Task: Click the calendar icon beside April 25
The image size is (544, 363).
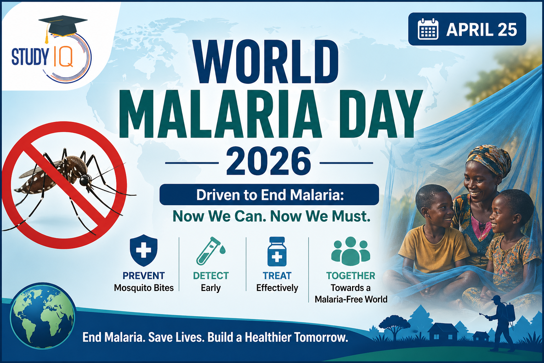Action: [x=428, y=29]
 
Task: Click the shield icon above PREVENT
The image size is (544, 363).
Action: [x=143, y=250]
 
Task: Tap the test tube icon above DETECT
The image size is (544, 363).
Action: [x=210, y=251]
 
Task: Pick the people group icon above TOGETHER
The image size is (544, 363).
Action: [x=351, y=251]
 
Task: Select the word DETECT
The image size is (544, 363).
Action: [x=211, y=276]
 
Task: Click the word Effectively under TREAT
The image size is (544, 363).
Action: [x=277, y=288]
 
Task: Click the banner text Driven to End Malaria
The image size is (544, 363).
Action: [x=270, y=195]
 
